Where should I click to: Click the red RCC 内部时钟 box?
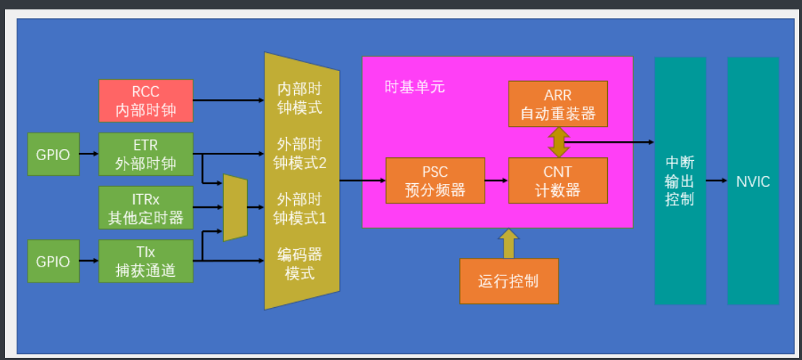pos(146,101)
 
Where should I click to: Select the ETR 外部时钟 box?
pos(146,154)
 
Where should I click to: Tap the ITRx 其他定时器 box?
pos(146,207)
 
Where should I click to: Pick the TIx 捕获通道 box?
pos(146,261)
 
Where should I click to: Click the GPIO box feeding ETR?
pos(53,154)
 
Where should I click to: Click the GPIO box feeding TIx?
pos(53,261)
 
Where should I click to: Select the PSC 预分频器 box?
pos(435,180)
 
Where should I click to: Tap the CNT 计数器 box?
pos(558,180)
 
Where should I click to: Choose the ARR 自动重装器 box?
pos(558,104)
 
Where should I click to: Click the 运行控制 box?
pos(509,280)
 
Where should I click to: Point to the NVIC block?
pos(753,181)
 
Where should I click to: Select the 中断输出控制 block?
pos(680,181)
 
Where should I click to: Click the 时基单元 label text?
pos(414,88)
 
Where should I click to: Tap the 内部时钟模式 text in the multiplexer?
pos(299,100)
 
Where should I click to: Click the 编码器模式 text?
pos(299,264)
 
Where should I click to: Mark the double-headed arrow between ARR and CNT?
pos(559,142)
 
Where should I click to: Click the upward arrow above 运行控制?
pos(509,244)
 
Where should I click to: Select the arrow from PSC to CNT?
pos(496,180)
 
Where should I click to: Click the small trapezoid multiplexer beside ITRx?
pos(235,207)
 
